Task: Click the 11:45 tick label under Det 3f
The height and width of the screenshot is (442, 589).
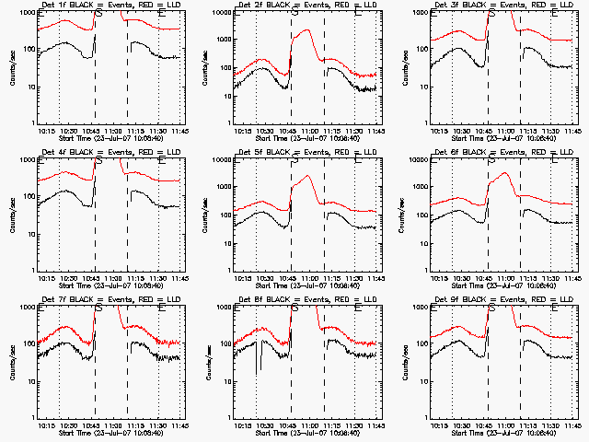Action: pyautogui.click(x=572, y=130)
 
